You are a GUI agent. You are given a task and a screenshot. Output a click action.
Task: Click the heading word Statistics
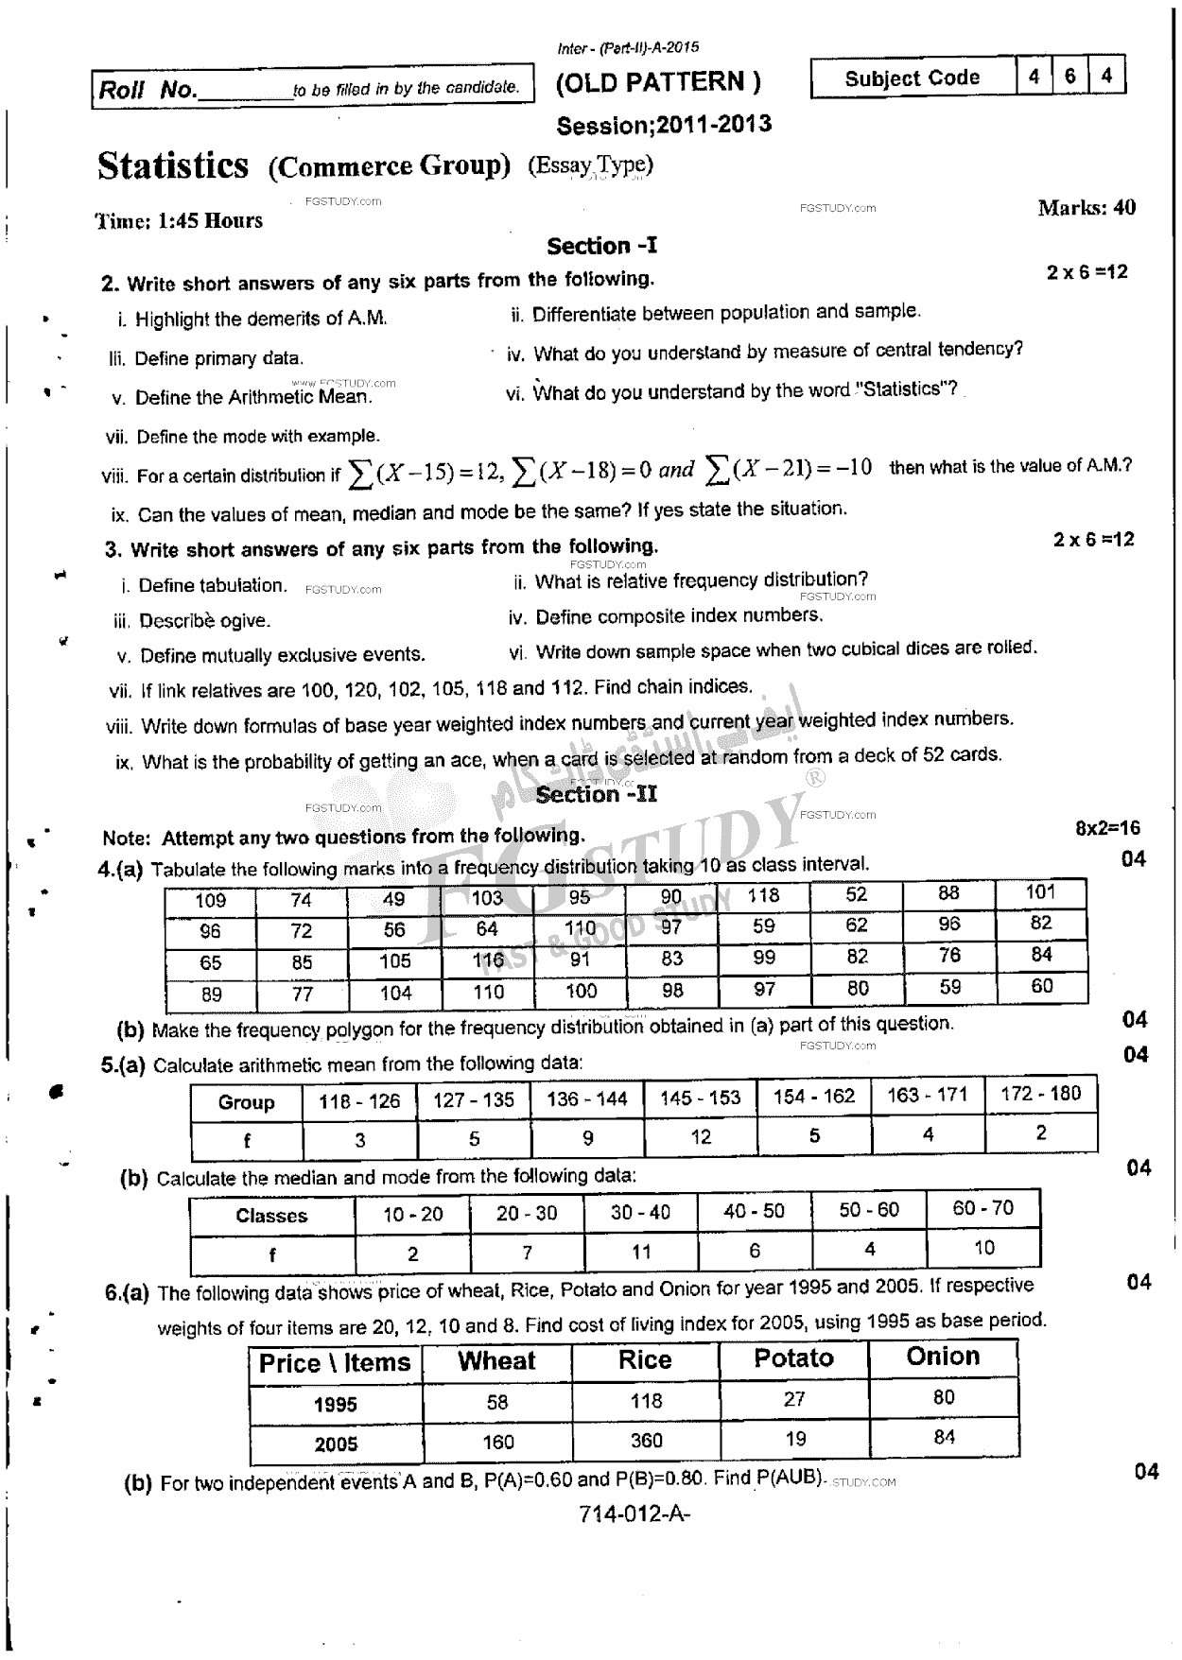tap(173, 166)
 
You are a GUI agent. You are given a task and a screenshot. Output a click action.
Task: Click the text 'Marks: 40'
tap(1086, 208)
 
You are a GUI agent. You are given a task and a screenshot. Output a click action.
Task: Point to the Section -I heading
tap(601, 247)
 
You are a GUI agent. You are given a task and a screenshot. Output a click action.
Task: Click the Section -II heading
tap(596, 794)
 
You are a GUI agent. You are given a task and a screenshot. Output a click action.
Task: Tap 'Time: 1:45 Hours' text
tap(179, 221)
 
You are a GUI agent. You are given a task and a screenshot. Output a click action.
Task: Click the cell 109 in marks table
tap(210, 901)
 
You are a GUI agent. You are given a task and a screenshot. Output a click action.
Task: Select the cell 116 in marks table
tap(488, 960)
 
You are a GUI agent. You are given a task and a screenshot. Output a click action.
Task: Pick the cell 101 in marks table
tap(1040, 891)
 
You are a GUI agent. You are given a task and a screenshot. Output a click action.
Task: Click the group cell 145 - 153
tap(700, 1098)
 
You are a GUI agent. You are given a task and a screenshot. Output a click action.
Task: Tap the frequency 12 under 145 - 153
tap(700, 1137)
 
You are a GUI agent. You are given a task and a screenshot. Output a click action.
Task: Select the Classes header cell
tap(271, 1216)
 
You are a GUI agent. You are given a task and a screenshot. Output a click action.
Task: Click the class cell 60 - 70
tap(982, 1208)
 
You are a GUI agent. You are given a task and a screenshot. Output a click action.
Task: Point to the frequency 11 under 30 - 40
tap(640, 1253)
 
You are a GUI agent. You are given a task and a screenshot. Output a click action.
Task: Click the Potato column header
tap(793, 1358)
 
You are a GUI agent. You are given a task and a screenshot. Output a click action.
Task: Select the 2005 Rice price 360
tap(646, 1441)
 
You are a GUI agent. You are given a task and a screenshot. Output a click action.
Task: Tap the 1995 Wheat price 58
tap(497, 1402)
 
